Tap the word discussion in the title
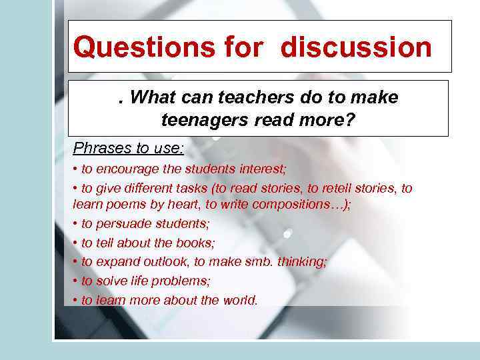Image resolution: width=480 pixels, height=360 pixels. point(356,47)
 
